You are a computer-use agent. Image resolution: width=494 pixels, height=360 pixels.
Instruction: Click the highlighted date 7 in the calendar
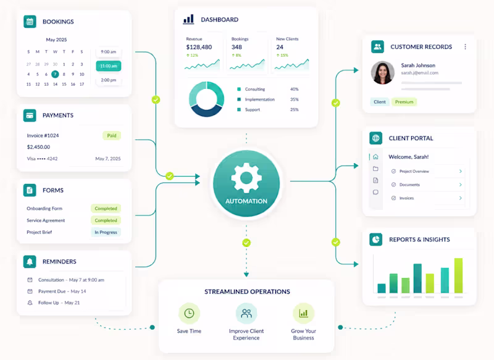(x=55, y=74)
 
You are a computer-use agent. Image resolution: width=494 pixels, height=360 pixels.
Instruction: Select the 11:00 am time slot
(x=109, y=66)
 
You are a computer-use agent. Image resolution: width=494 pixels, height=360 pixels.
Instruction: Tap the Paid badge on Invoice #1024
(x=112, y=135)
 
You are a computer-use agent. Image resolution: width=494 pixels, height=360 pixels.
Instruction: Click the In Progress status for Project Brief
(x=106, y=232)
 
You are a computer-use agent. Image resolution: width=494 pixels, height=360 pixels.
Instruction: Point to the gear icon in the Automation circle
(x=246, y=178)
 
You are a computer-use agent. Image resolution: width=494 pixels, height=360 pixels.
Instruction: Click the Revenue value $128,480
(x=199, y=47)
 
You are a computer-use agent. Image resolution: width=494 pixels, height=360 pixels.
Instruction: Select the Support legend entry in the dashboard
(x=253, y=110)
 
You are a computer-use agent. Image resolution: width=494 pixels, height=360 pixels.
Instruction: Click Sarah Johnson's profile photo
(x=383, y=73)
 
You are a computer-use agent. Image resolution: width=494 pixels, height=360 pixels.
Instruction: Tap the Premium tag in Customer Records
(x=404, y=102)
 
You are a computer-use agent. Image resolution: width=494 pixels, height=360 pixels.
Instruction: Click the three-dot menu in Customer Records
(x=466, y=46)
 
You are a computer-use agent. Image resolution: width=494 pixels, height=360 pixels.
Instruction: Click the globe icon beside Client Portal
(x=376, y=138)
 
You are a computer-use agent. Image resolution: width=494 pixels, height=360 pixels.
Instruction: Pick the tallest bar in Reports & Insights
(x=458, y=275)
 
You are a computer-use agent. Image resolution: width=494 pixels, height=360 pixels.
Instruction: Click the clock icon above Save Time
(x=189, y=314)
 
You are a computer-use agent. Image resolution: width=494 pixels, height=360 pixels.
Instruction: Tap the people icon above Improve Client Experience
(x=246, y=314)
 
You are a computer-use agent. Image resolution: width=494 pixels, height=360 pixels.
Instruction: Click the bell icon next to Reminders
(x=30, y=261)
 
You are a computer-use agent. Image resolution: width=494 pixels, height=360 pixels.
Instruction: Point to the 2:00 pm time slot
(x=109, y=80)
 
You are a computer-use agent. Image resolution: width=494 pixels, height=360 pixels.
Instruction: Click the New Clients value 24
(x=280, y=47)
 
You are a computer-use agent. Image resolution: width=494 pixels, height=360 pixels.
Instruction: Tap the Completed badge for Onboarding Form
(x=106, y=209)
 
